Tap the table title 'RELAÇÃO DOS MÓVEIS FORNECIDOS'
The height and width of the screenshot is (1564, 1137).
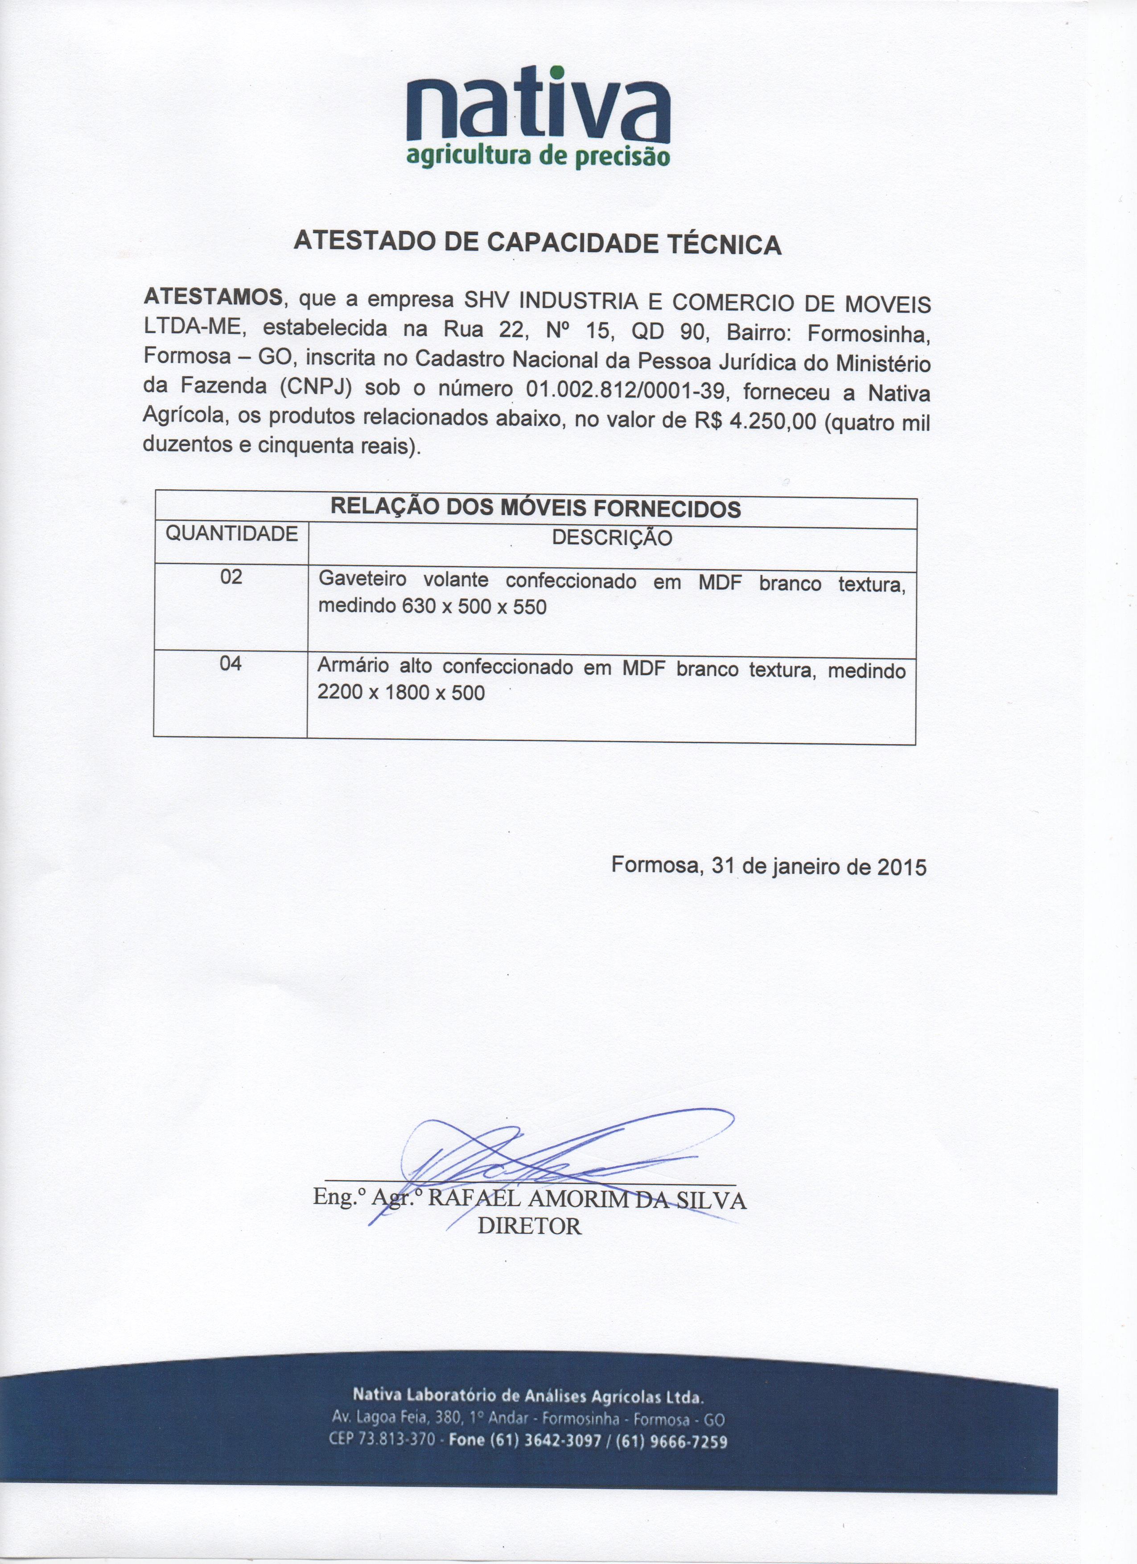coord(536,508)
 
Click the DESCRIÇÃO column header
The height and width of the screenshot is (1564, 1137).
coord(612,538)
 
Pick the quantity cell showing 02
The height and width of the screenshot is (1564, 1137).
coord(231,577)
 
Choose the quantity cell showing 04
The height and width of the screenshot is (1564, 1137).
coord(231,663)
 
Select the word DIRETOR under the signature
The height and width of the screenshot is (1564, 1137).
coord(530,1226)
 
